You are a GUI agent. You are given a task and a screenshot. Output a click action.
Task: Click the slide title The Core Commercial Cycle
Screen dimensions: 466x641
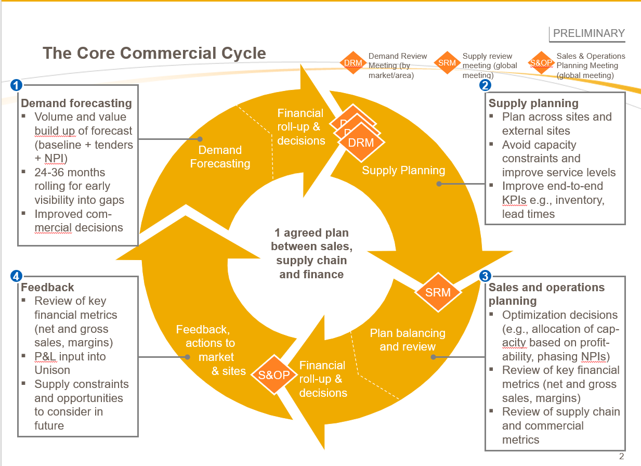154,53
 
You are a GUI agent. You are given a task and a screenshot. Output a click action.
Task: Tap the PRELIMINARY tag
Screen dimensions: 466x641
588,33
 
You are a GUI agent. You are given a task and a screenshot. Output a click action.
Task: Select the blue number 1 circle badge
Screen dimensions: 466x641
16,85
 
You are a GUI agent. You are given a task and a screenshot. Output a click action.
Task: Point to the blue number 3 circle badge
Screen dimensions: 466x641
485,276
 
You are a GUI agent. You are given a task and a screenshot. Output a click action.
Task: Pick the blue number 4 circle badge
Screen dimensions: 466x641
16,276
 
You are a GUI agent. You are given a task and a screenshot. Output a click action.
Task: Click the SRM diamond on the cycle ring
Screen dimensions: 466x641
438,292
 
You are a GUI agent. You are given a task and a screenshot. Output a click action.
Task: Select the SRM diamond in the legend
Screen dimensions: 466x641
447,63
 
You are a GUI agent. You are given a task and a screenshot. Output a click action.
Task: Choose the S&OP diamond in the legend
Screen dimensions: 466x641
541,63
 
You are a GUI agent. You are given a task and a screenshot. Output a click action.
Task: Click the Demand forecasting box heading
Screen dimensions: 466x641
76,103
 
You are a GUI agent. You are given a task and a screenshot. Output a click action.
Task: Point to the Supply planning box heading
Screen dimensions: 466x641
533,103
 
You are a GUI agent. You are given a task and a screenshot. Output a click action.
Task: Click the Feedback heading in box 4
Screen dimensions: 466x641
47,287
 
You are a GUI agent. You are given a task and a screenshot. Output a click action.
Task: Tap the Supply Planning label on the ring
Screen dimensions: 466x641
403,170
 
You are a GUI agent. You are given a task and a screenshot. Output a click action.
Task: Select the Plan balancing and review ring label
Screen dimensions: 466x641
408,340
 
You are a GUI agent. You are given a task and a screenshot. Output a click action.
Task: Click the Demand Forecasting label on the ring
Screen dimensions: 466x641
220,157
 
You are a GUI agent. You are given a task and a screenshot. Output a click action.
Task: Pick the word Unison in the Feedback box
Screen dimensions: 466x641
52,370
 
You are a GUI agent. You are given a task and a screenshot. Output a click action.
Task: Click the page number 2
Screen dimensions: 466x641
621,457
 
